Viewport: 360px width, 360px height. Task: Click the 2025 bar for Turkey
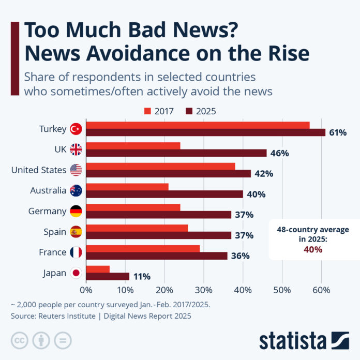click(x=205, y=132)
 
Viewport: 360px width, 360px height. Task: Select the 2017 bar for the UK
click(x=133, y=146)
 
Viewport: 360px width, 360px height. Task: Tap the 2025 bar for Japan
click(x=108, y=276)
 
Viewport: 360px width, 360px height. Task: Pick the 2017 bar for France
click(x=143, y=249)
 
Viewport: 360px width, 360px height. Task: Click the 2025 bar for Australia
click(x=164, y=194)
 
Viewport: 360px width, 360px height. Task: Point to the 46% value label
click(x=279, y=153)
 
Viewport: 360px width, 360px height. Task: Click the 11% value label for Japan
click(x=142, y=277)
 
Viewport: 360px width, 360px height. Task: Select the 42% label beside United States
click(x=264, y=174)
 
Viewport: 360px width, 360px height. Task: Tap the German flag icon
click(x=76, y=211)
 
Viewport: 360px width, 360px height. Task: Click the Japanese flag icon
click(x=76, y=273)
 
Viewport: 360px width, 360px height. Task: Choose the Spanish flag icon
click(x=76, y=232)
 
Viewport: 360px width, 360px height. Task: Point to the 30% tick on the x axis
click(x=204, y=290)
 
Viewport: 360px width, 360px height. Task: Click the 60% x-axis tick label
click(x=321, y=290)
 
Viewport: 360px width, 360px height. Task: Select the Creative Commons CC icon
click(x=20, y=340)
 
